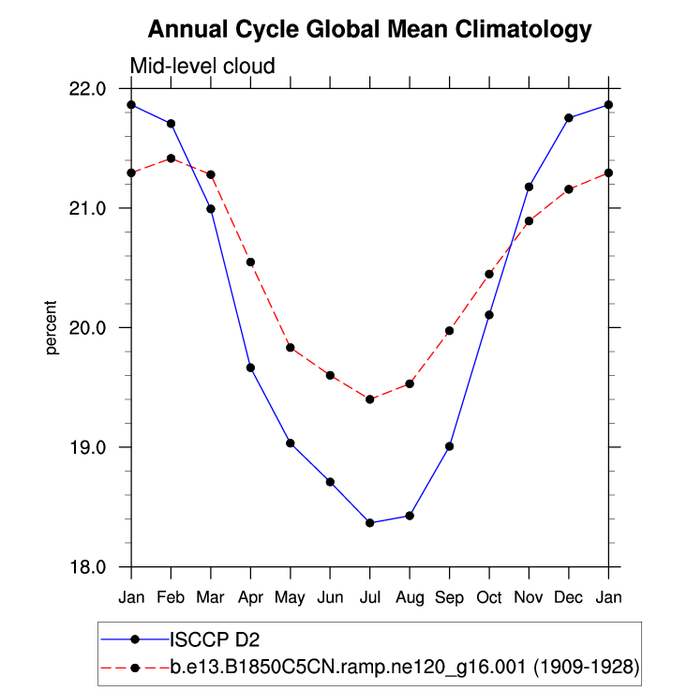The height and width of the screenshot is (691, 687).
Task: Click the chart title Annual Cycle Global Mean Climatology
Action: tap(370, 30)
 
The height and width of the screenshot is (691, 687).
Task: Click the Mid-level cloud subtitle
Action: tap(202, 67)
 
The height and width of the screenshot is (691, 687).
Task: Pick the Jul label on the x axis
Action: tap(370, 596)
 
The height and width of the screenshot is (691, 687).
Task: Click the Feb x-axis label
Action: tap(171, 596)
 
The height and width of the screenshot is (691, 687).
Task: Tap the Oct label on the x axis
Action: tap(489, 596)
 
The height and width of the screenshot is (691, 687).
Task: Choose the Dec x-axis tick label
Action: tap(569, 596)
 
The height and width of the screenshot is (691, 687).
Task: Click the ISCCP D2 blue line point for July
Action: tap(370, 522)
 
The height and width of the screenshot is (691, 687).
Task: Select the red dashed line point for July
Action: tap(370, 399)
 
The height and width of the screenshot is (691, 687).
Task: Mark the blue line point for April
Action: tap(250, 368)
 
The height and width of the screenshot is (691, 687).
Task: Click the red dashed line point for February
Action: tap(171, 158)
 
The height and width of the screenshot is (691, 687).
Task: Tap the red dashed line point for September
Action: tap(450, 331)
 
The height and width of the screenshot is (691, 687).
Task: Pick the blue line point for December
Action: tap(569, 117)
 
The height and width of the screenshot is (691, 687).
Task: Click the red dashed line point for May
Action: tap(291, 348)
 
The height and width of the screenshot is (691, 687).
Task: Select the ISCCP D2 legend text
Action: tap(214, 640)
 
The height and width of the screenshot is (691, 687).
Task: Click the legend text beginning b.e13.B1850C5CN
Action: tap(404, 668)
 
